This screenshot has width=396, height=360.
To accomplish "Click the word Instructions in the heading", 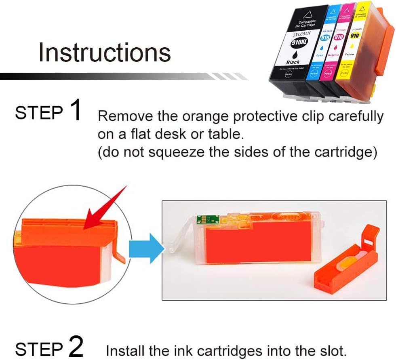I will coord(104,53).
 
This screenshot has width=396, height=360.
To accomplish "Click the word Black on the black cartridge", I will coord(293,62).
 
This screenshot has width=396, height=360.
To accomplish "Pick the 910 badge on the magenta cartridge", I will coord(339,37).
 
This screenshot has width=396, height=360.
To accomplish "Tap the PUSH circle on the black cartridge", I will coord(289,74).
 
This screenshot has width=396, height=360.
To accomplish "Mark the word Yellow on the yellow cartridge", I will coord(349,54).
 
